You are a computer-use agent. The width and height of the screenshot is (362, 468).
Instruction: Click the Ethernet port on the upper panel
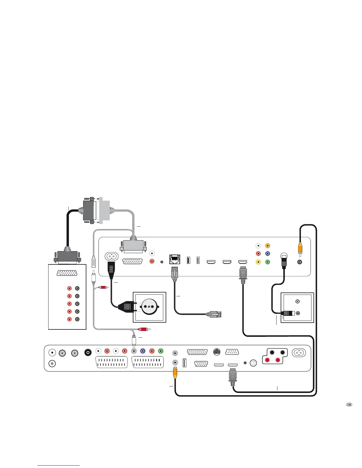tap(174, 259)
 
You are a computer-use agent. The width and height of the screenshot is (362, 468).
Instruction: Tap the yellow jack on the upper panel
tap(258, 262)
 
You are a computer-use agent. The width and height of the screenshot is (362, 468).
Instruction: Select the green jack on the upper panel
tap(268, 262)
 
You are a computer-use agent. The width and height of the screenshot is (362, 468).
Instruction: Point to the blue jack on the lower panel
tap(143, 351)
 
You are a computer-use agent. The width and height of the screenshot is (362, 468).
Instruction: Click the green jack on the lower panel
tap(161, 351)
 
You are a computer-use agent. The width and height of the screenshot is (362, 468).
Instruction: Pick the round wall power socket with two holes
tap(149, 307)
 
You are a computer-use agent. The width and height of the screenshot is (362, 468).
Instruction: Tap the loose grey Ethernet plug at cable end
tap(215, 314)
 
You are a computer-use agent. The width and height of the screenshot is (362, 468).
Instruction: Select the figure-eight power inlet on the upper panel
tap(111, 256)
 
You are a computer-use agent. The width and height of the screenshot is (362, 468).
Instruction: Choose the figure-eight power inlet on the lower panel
tap(299, 353)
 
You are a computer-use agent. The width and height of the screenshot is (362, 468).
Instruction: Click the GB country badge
tap(349, 404)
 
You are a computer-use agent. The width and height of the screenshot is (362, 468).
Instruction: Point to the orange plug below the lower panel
tap(175, 374)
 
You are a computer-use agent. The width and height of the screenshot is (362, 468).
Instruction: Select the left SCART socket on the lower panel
tap(111, 363)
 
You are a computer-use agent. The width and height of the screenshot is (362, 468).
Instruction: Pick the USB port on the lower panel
tap(184, 363)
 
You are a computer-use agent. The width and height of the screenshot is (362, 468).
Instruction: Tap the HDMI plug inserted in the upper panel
tap(243, 273)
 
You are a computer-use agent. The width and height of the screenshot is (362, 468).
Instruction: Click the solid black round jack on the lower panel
tap(88, 352)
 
